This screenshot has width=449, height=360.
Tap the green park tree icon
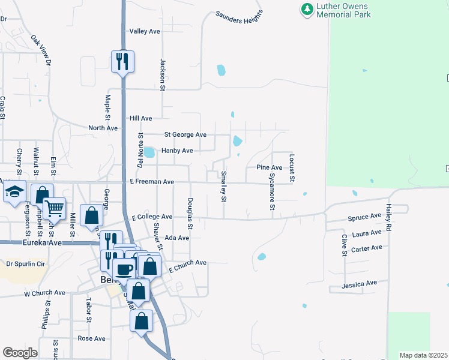coord(307,9)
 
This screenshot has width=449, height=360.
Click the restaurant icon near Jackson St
coord(122,61)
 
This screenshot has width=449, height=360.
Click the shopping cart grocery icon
coord(54,208)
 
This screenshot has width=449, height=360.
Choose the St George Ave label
coord(185,134)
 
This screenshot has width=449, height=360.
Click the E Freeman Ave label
coord(152,182)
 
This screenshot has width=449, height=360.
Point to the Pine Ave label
coord(269,167)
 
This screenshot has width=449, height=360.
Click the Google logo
coord(20,353)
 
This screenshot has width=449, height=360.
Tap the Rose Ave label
coord(91,338)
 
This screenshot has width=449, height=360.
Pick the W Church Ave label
coord(44,293)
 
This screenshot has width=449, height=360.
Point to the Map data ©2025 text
coord(423,355)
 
